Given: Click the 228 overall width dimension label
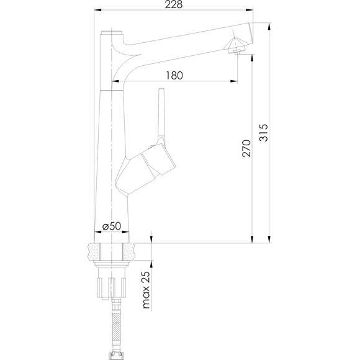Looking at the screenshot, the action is [174, 4].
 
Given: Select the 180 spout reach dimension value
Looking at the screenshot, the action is [174, 75].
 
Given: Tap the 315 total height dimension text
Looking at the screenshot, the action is [263, 133].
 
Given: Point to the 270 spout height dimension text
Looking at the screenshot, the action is [246, 148].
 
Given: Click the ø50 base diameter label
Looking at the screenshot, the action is [112, 226].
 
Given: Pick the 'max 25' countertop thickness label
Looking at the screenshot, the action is [146, 290].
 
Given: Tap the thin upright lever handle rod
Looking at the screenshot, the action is [161, 115].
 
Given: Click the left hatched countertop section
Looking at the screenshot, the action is [94, 251].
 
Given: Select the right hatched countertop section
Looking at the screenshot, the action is [129, 251].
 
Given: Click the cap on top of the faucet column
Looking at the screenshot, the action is [112, 32].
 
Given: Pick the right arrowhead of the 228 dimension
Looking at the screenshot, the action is [250, 10].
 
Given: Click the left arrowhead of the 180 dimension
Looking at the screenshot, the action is [115, 81].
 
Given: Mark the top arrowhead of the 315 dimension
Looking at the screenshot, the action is [269, 26].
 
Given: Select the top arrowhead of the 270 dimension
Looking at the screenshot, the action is [252, 58].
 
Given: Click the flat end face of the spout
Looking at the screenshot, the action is [251, 34].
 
